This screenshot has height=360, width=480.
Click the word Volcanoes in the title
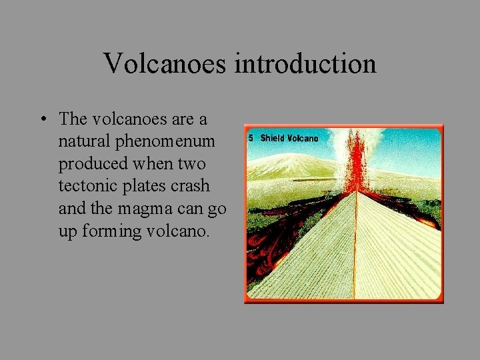[167, 64]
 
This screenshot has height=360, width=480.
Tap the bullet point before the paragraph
[42, 120]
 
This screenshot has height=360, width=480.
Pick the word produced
[89, 164]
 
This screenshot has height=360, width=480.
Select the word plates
[145, 186]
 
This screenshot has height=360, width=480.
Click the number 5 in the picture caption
[251, 138]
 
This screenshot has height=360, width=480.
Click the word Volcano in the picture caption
[303, 138]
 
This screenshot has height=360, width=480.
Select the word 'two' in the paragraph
[191, 164]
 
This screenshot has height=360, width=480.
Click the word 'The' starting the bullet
[73, 120]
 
